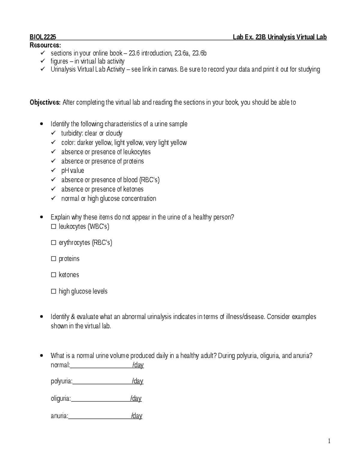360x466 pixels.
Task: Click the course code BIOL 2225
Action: coord(43,37)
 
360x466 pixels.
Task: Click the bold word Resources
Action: coord(45,45)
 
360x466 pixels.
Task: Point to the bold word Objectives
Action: coord(45,103)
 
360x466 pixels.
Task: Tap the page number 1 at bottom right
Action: coord(329,441)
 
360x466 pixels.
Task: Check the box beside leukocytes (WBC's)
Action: coord(54,227)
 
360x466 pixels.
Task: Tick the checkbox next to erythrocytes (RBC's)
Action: coord(54,243)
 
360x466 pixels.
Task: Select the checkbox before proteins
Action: coord(54,259)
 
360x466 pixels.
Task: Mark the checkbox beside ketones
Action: coord(54,275)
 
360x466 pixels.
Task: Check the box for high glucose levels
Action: coord(54,291)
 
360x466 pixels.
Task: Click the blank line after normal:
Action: coord(101,365)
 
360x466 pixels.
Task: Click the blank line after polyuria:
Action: coord(102,381)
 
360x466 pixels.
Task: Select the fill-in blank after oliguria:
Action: coord(100,399)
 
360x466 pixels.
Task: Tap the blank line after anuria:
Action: coord(100,416)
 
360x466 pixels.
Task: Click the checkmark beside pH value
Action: coord(53,170)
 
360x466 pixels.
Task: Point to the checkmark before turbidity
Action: coord(53,133)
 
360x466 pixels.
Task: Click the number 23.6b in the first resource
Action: coord(199,53)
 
